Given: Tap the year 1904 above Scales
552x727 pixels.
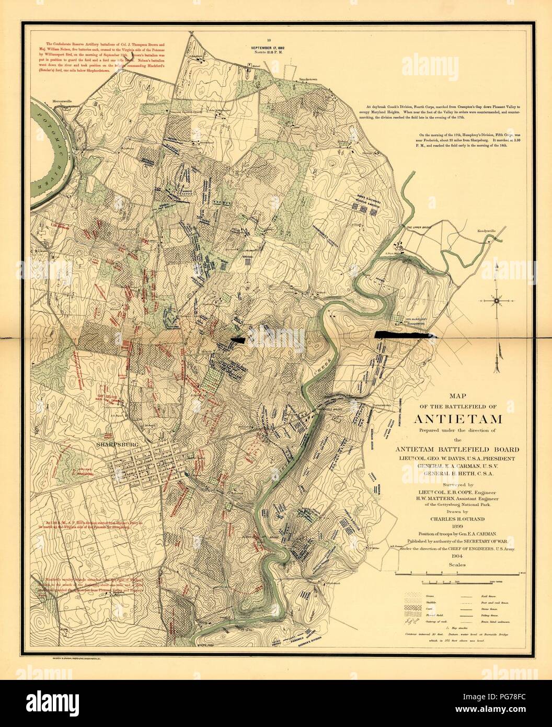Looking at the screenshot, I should [458, 556].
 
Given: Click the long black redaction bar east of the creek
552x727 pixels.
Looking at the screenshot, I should [403, 335].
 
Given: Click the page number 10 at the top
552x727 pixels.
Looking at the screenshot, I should [268, 40].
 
